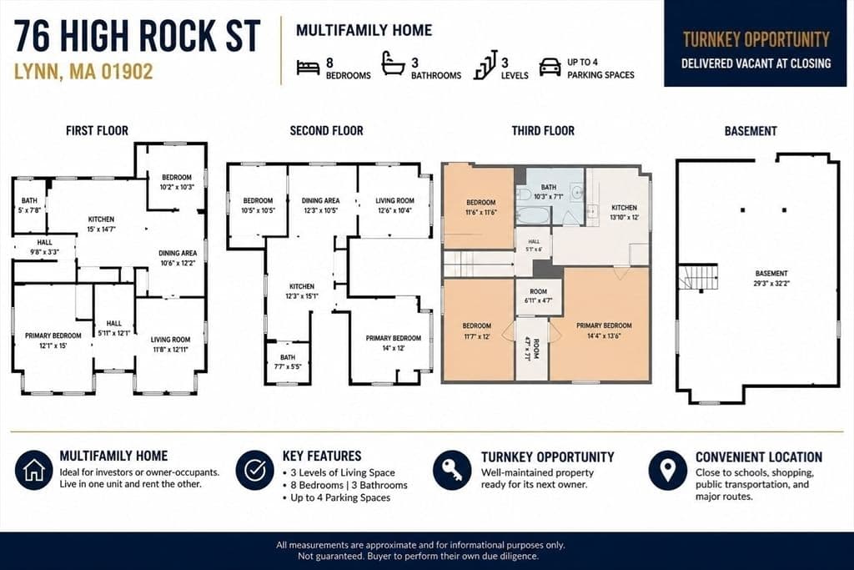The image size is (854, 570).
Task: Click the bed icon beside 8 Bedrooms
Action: (308, 68)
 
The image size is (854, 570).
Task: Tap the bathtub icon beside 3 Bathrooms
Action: (393, 63)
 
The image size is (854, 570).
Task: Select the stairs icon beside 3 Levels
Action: (485, 65)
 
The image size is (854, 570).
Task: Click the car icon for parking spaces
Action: (550, 67)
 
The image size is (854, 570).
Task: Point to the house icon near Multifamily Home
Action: (34, 470)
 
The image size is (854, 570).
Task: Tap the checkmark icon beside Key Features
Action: (255, 470)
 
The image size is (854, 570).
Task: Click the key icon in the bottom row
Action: (452, 470)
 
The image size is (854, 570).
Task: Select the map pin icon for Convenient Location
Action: (668, 470)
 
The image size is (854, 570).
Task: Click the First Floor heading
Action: (97, 131)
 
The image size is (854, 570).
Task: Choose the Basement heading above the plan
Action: (751, 131)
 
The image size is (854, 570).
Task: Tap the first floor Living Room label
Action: (170, 345)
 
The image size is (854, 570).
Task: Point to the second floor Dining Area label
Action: (321, 205)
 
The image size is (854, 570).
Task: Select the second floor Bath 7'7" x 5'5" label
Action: (288, 362)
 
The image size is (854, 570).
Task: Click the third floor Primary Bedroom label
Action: (604, 330)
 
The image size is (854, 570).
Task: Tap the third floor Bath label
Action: (549, 192)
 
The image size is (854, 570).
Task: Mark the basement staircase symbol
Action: (698, 277)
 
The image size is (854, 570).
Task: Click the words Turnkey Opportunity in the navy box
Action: (756, 40)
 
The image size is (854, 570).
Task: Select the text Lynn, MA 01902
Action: (83, 72)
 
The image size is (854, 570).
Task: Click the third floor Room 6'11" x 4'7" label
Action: (538, 296)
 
